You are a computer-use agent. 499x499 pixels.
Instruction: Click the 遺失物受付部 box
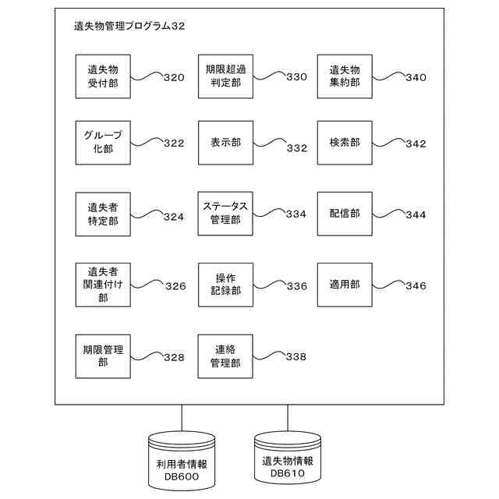click(103, 76)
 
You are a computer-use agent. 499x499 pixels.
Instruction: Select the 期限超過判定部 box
click(225, 76)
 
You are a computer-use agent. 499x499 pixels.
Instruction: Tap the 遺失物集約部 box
click(344, 76)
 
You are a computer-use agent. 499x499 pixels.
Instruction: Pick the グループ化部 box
click(103, 142)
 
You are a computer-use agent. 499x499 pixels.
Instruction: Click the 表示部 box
click(225, 143)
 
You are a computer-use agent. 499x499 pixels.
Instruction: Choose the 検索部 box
click(344, 143)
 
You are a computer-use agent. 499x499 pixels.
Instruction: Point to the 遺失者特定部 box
click(103, 214)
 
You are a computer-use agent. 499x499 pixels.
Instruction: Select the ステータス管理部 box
click(225, 214)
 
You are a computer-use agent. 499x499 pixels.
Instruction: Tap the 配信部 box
click(344, 214)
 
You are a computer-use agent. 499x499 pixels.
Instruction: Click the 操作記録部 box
click(225, 285)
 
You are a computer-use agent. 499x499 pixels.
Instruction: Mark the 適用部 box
click(344, 285)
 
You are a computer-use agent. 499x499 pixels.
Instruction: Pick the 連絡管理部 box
click(225, 356)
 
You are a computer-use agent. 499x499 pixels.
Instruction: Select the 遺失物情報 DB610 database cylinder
click(288, 460)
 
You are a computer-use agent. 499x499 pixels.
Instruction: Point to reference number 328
click(174, 357)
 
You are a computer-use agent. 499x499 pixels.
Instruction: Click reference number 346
click(416, 286)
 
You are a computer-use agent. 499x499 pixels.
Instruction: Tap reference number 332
click(296, 148)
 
